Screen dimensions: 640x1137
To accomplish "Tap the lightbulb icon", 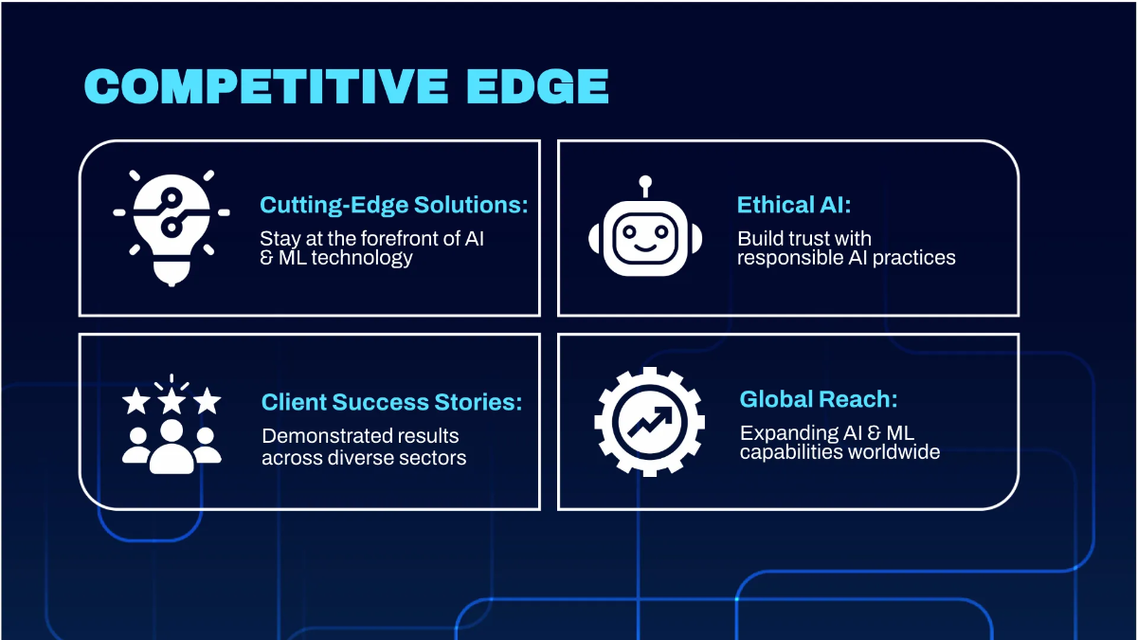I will coord(171,227).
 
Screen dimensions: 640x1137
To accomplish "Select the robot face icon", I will coord(645,237).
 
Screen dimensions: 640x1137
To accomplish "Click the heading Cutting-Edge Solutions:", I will coord(393,206).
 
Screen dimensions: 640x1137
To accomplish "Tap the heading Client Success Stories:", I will coord(391,402).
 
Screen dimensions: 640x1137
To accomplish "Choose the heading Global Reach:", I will coord(818,399).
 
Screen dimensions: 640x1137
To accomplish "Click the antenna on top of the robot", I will coord(645,183).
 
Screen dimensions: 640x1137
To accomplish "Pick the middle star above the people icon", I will coord(171,401).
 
